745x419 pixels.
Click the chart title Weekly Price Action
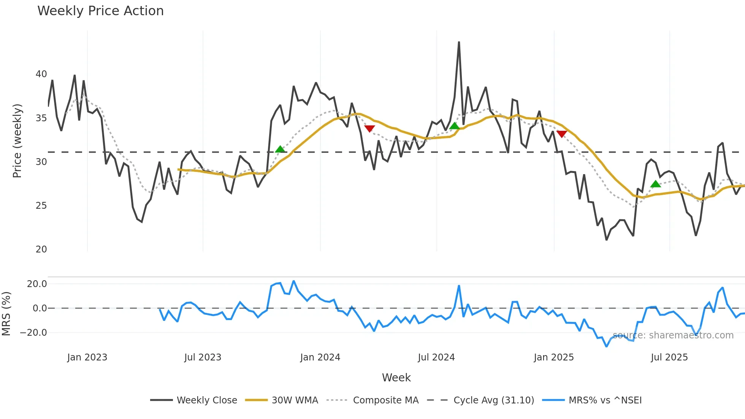pyautogui.click(x=100, y=11)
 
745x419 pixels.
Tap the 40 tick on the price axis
pyautogui.click(x=41, y=74)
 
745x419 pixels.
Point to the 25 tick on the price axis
pyautogui.click(x=41, y=206)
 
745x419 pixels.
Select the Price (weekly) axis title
pyautogui.click(x=17, y=141)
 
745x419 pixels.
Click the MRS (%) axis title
pyautogui.click(x=6, y=314)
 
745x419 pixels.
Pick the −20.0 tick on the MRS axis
pyautogui.click(x=33, y=333)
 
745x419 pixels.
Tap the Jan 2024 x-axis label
pyautogui.click(x=320, y=357)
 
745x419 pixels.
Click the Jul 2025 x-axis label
pyautogui.click(x=669, y=357)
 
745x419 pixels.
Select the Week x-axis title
pyautogui.click(x=396, y=378)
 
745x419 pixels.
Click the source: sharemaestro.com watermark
pyautogui.click(x=673, y=335)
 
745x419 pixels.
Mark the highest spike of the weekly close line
pyautogui.click(x=459, y=42)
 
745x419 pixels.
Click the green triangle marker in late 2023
pyautogui.click(x=280, y=149)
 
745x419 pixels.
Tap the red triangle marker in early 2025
pyautogui.click(x=561, y=134)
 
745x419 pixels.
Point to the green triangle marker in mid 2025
pyautogui.click(x=655, y=184)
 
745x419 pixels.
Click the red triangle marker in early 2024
pyautogui.click(x=369, y=129)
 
